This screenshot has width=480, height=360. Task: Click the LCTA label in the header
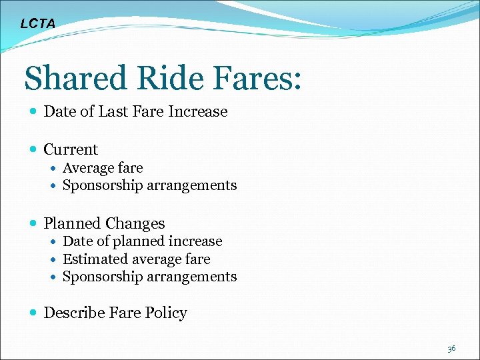pos(38,24)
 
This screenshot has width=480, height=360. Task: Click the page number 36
pos(451,348)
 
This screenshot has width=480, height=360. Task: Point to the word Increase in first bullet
pos(198,112)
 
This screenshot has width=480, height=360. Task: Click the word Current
pos(71,150)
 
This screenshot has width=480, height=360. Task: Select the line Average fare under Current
pos(103,168)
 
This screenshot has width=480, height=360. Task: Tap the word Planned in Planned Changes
pos(73,224)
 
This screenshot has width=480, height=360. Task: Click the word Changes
pos(136,224)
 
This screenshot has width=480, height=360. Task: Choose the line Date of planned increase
pos(142,241)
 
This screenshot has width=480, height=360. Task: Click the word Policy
pos(168,313)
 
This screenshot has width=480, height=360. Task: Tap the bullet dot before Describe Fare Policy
pos(33,313)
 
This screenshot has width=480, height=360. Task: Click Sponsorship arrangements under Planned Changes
pos(149,276)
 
